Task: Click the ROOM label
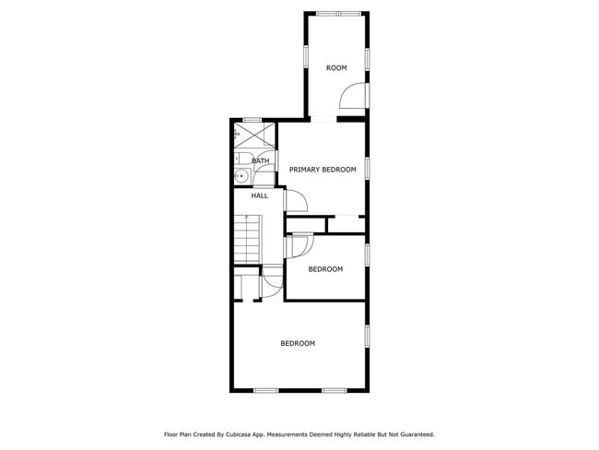tap(336, 68)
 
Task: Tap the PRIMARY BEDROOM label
tap(323, 170)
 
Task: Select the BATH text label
tap(261, 161)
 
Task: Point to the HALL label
tap(260, 195)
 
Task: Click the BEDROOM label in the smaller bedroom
tap(325, 269)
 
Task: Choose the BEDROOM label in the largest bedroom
tap(298, 343)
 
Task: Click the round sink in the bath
tap(242, 175)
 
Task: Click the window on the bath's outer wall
tap(252, 120)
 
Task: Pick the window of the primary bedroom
tap(368, 167)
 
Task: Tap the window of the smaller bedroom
tap(368, 254)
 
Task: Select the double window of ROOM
tap(336, 13)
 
